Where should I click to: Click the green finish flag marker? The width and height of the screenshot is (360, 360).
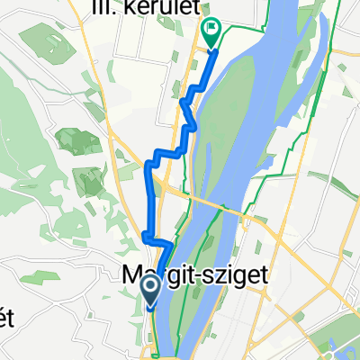[x=211, y=33]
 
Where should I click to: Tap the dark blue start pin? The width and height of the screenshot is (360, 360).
[x=151, y=291]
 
